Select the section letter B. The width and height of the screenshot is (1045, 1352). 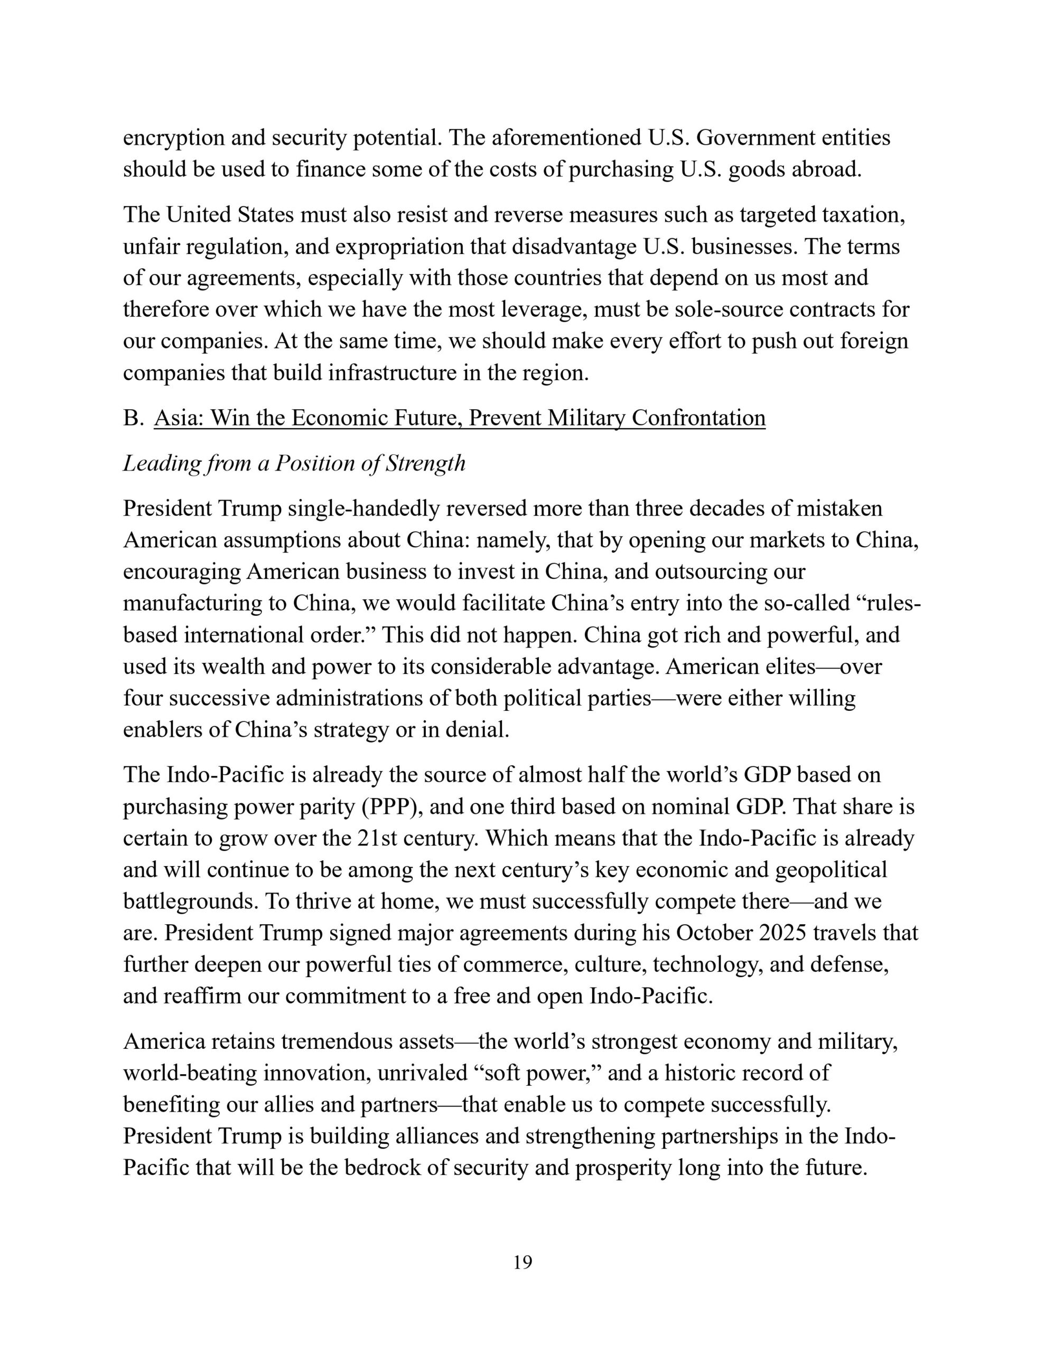click(x=133, y=418)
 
